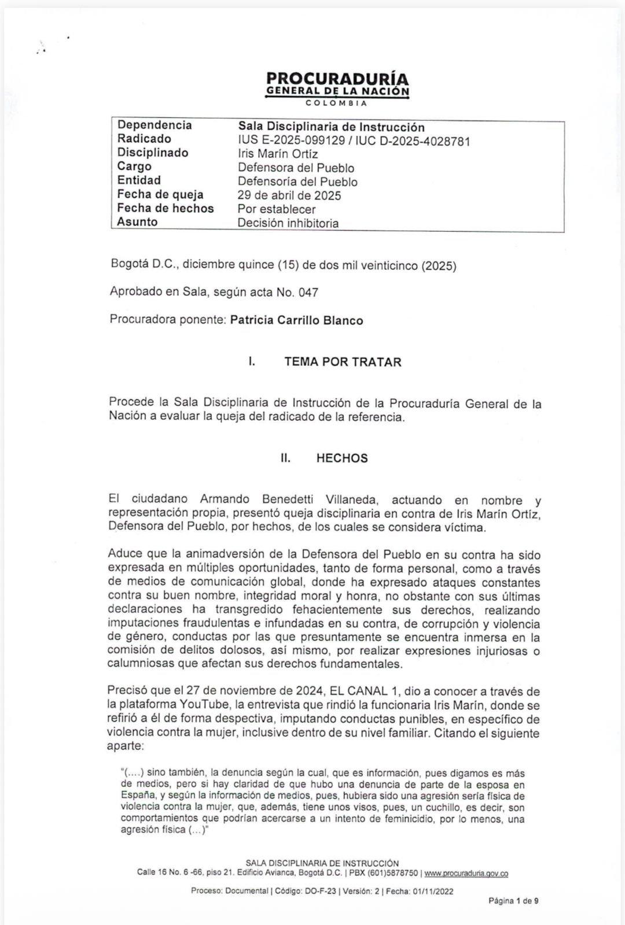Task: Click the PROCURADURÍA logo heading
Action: pyautogui.click(x=337, y=79)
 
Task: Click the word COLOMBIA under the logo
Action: pyautogui.click(x=337, y=103)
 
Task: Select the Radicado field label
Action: pyautogui.click(x=144, y=139)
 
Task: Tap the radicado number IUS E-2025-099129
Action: pyautogui.click(x=291, y=141)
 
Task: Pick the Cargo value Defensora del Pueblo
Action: pyautogui.click(x=296, y=168)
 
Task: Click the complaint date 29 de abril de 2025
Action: pyautogui.click(x=289, y=195)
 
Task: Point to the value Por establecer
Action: pyautogui.click(x=277, y=209)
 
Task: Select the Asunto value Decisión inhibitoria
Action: pyautogui.click(x=288, y=223)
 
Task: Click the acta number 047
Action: pyautogui.click(x=308, y=293)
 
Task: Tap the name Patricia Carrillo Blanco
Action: pyautogui.click(x=296, y=320)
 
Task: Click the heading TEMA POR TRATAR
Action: pyautogui.click(x=343, y=362)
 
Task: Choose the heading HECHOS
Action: pyautogui.click(x=341, y=458)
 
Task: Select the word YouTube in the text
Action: pyautogui.click(x=207, y=705)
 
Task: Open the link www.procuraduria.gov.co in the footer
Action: pyautogui.click(x=466, y=874)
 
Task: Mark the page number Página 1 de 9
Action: pyautogui.click(x=513, y=901)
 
